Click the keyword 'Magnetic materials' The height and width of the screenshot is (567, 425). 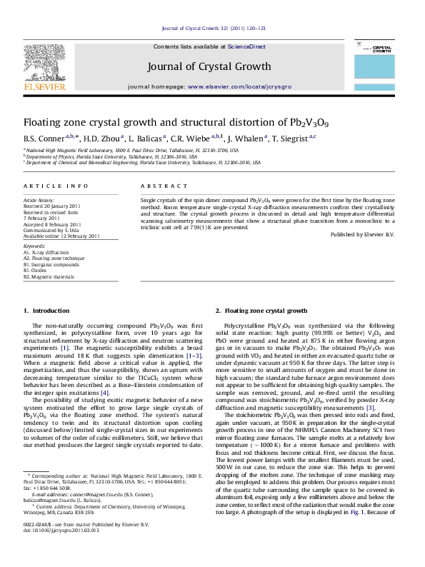coord(46,276)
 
